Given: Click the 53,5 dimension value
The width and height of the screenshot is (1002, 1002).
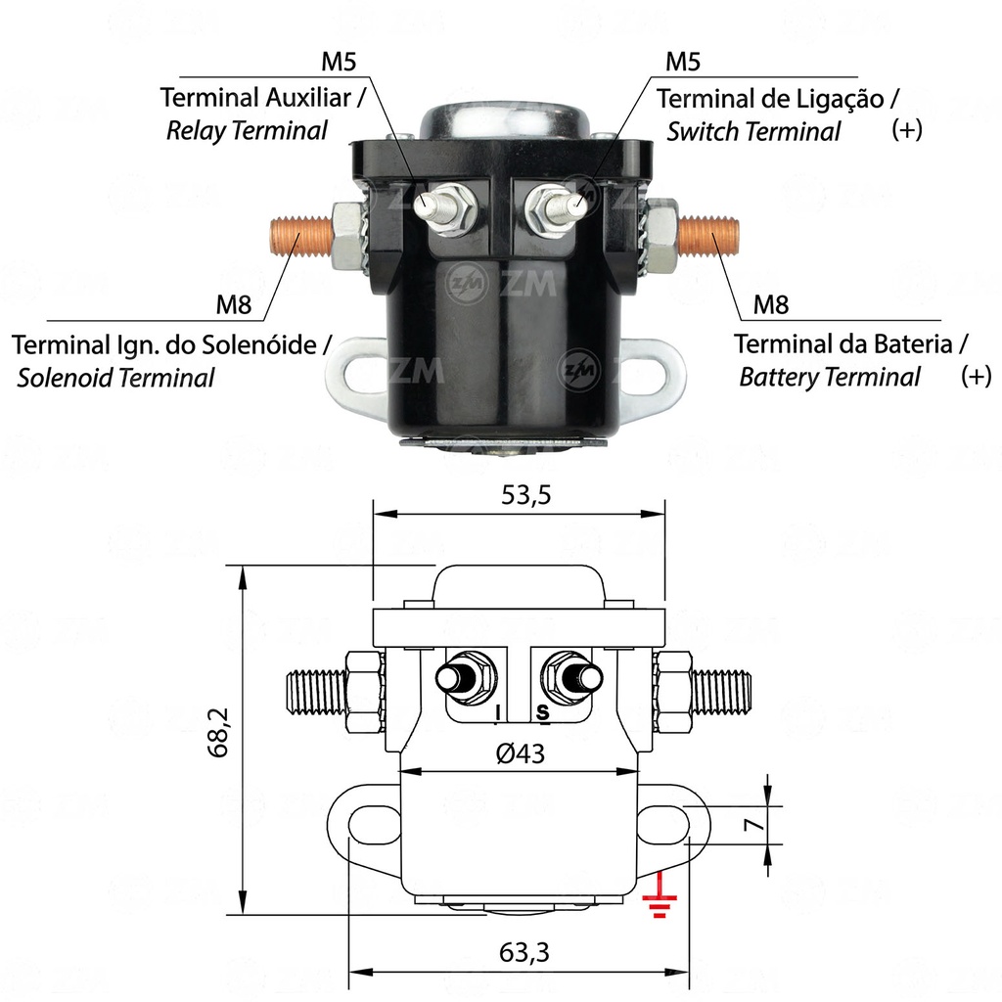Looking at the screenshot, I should (x=526, y=495).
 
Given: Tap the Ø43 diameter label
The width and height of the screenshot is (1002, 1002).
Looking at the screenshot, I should (x=520, y=754).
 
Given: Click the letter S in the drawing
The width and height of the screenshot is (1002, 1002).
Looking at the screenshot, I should (x=542, y=714).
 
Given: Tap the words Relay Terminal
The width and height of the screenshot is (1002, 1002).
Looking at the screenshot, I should (x=247, y=131).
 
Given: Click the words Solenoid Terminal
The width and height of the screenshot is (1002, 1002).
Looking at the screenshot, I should (x=115, y=378).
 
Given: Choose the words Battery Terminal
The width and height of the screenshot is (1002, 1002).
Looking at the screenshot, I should (x=830, y=377).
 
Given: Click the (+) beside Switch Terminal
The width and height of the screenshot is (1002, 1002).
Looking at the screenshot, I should (x=907, y=131).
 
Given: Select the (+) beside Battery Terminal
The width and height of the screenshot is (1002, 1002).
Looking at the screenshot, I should (x=976, y=377).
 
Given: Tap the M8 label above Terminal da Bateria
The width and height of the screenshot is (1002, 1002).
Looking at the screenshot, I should (x=770, y=305).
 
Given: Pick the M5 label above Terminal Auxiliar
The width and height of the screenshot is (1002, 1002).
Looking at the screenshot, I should (x=339, y=63).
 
